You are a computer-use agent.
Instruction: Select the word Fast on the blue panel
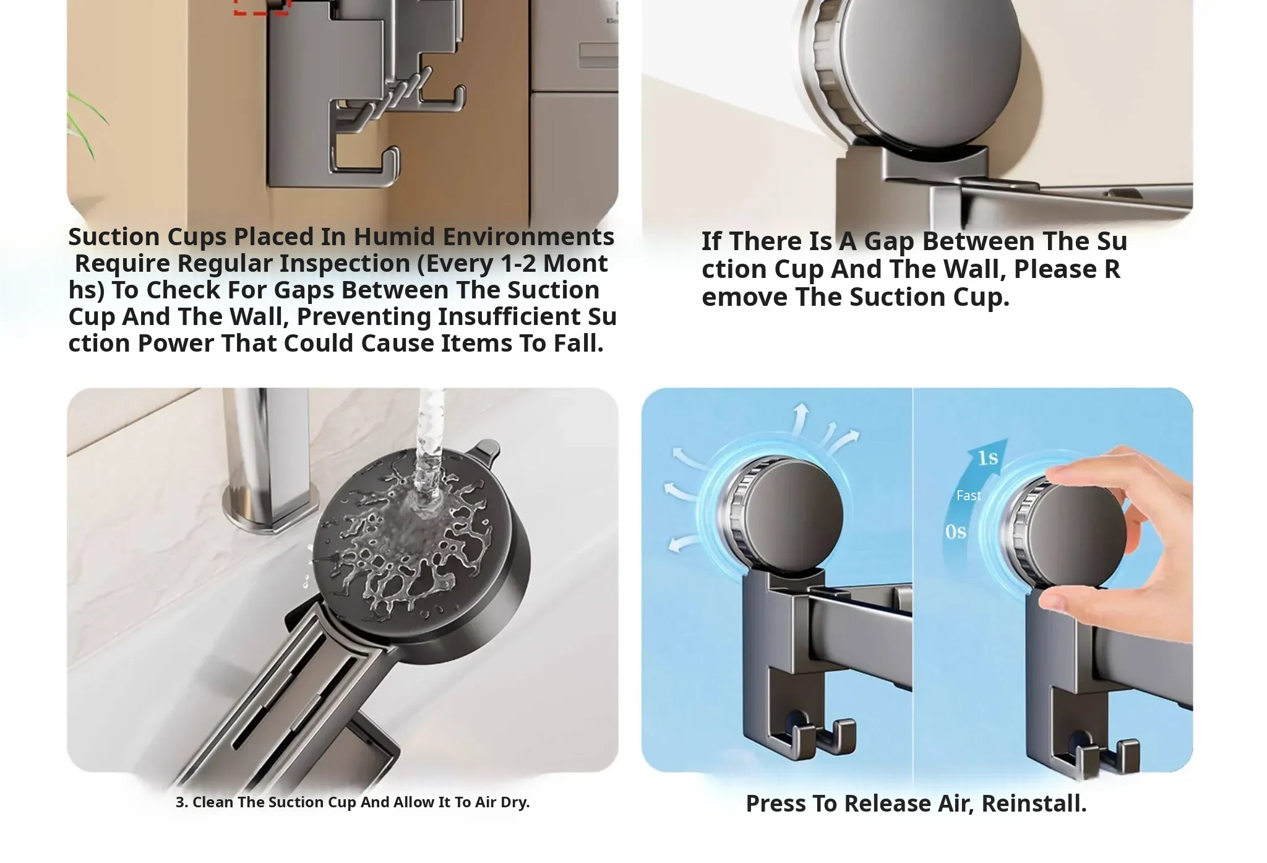(968, 495)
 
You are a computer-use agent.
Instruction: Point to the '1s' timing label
(988, 458)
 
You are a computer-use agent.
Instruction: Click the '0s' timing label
(955, 532)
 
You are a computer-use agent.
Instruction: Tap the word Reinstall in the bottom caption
(1034, 804)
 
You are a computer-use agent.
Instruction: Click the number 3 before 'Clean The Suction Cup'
(180, 802)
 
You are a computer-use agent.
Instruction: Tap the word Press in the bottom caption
(776, 804)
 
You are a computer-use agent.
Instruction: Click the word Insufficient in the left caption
(510, 316)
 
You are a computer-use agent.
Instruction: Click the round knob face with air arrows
(794, 516)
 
